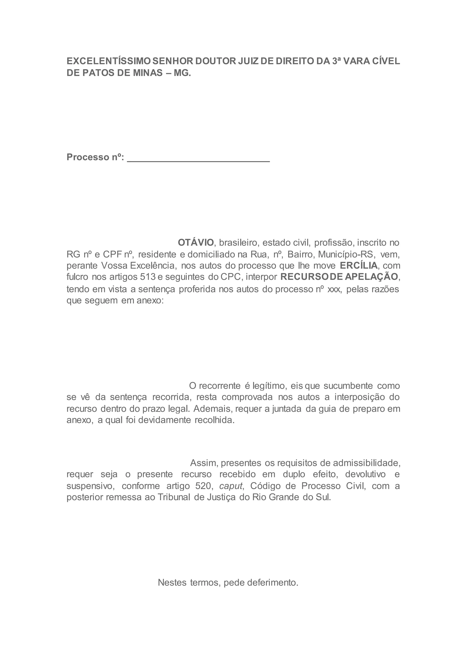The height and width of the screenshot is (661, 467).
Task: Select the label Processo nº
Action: (x=95, y=157)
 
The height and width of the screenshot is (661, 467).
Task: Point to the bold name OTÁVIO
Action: (x=196, y=243)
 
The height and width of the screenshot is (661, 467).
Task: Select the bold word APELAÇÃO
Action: (x=371, y=277)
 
